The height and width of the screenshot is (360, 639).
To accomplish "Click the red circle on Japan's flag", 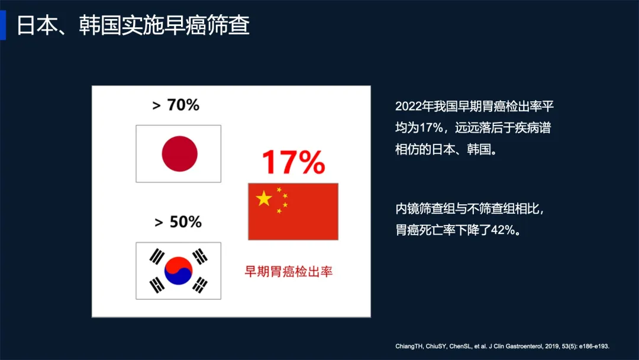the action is [x=180, y=154].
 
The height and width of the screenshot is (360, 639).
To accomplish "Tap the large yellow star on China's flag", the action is [x=264, y=198].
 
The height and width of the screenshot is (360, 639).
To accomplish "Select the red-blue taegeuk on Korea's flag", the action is [x=178, y=271].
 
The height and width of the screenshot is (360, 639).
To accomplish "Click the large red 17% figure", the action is [x=293, y=162].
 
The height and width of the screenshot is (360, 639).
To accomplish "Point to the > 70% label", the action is [x=176, y=105].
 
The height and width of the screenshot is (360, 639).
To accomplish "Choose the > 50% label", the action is [x=178, y=222].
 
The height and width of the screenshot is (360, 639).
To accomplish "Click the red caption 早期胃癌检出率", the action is [x=289, y=272].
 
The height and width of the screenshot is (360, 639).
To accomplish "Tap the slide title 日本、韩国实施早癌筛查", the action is [x=133, y=25].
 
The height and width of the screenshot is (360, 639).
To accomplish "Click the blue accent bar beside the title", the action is [x=3, y=25].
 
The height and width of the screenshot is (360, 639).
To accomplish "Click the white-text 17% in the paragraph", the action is [x=431, y=128].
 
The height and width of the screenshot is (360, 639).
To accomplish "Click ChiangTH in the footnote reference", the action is [x=409, y=346].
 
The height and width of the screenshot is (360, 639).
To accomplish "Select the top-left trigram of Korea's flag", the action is [x=157, y=257].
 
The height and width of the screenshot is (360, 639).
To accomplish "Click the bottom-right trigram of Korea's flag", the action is [x=200, y=285].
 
